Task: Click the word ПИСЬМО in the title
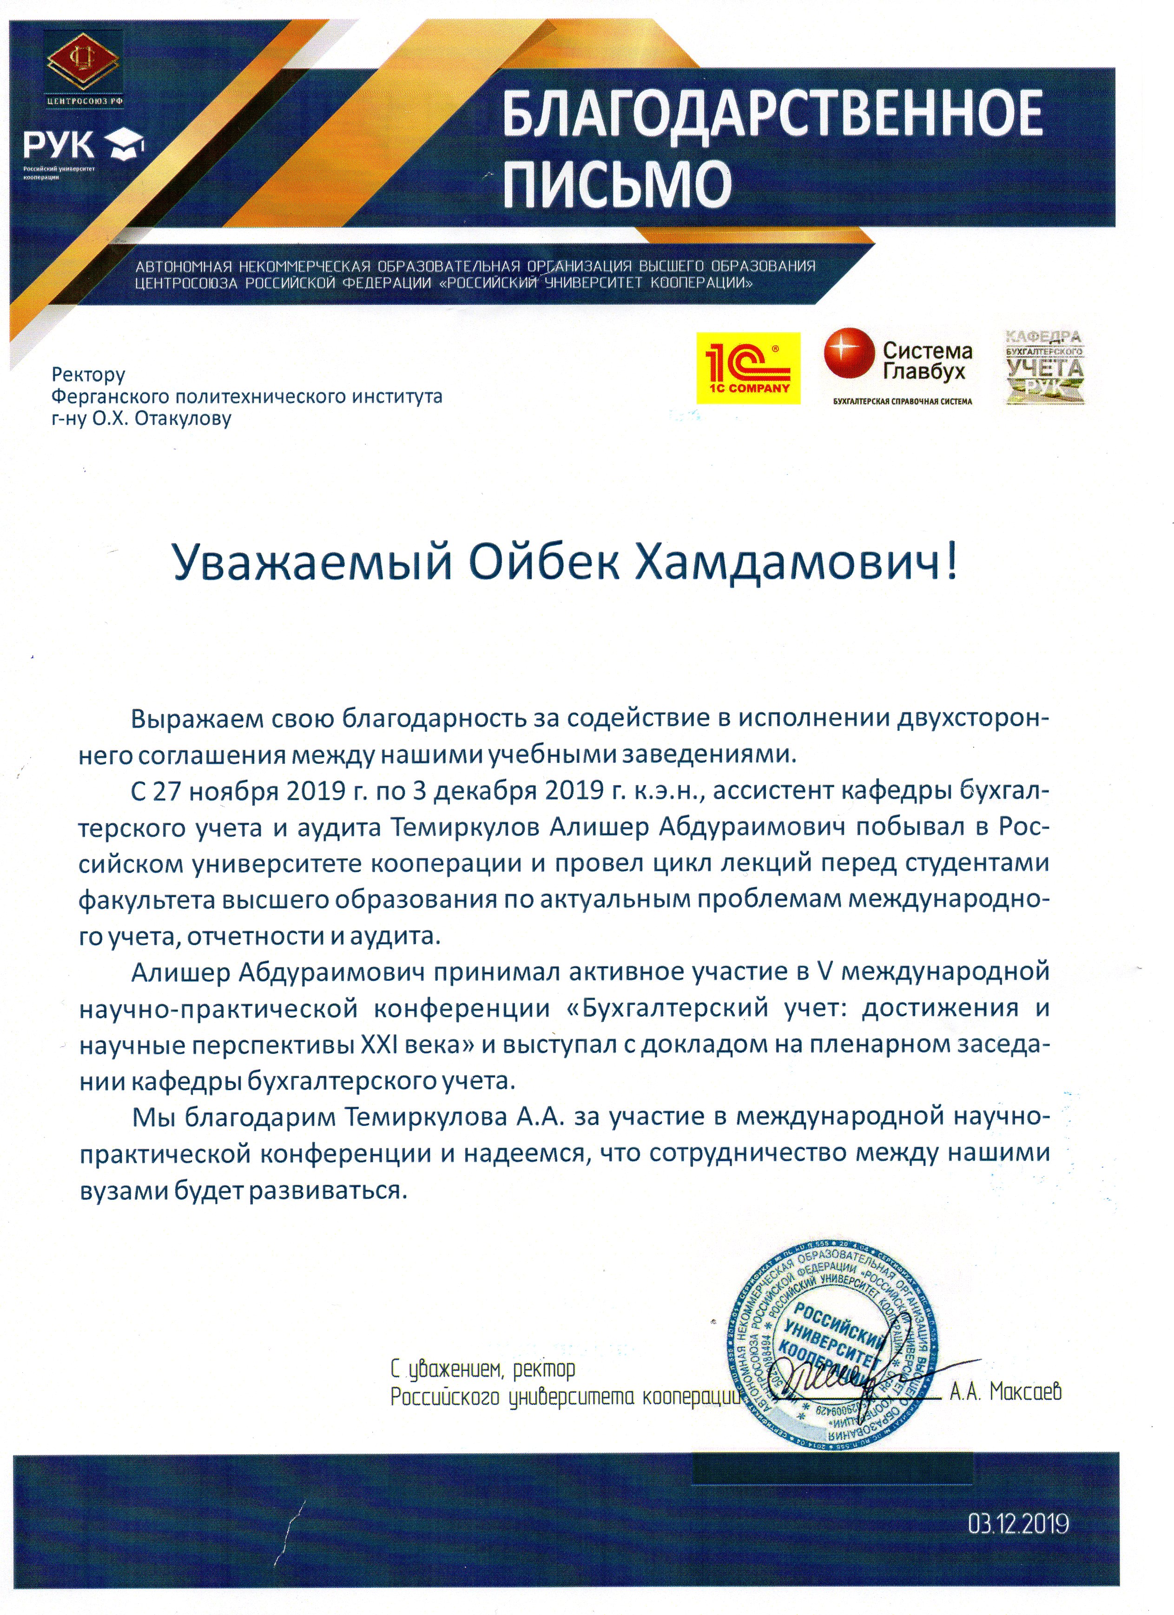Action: [x=617, y=184]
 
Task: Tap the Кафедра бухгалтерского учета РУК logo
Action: [x=1044, y=367]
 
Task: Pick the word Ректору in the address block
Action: [x=88, y=375]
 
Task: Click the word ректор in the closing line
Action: [x=543, y=1368]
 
